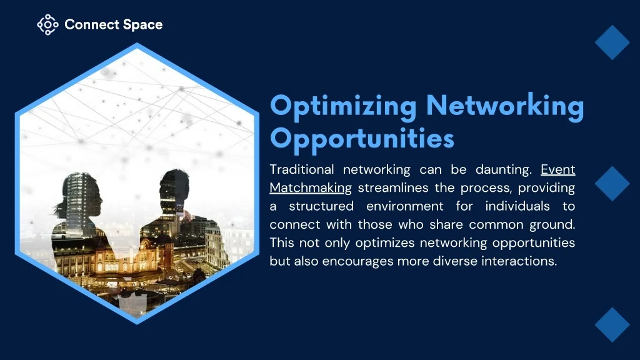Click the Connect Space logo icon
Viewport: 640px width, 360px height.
(x=47, y=24)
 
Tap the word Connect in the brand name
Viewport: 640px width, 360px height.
(x=91, y=24)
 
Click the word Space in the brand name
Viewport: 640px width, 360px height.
(x=142, y=25)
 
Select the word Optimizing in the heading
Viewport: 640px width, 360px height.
(x=343, y=107)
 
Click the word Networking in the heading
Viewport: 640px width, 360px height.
(x=505, y=107)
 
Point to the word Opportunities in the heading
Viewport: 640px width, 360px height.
(x=362, y=139)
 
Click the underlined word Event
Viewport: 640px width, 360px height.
(x=558, y=169)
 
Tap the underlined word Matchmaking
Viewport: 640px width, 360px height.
(x=311, y=188)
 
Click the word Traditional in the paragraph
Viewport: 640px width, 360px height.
(x=302, y=169)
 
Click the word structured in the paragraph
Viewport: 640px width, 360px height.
(x=321, y=206)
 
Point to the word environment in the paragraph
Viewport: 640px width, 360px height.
(x=404, y=206)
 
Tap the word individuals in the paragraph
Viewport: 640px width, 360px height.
(x=517, y=206)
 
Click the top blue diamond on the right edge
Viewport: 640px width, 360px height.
(x=612, y=42)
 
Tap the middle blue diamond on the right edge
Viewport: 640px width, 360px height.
(x=612, y=183)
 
